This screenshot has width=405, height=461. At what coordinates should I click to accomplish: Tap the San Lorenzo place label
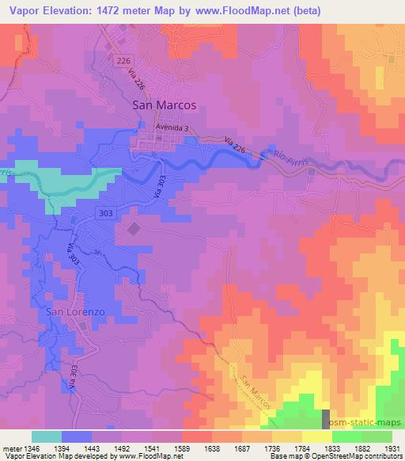pos(75,312)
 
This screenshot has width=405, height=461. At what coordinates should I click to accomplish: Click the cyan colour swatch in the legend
pos(47,436)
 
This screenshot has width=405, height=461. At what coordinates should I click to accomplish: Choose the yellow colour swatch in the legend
pos(316,436)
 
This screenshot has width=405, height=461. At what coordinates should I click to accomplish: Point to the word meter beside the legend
pos(11,448)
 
